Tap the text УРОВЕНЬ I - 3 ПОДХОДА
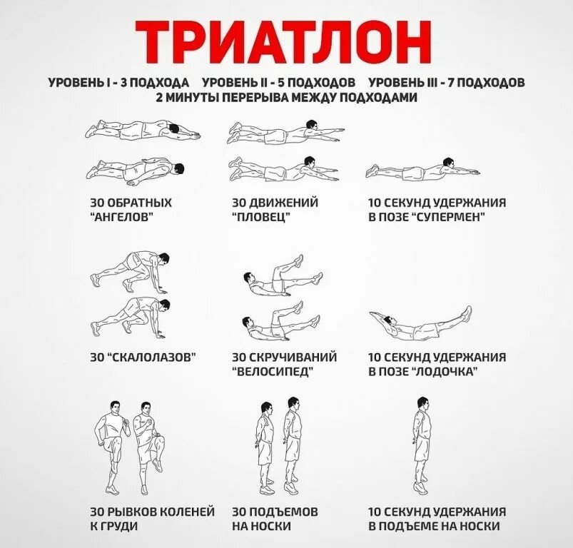click(x=118, y=83)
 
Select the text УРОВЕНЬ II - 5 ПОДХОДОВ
click(x=278, y=83)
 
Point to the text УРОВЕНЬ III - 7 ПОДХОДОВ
click(x=447, y=83)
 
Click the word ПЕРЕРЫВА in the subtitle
click(x=245, y=97)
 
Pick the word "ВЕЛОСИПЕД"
click(x=273, y=372)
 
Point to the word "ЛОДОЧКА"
click(x=445, y=372)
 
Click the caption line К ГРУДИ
click(x=114, y=527)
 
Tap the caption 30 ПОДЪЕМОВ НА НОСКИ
click(x=275, y=519)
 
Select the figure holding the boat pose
click(x=421, y=325)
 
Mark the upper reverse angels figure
click(x=143, y=129)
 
